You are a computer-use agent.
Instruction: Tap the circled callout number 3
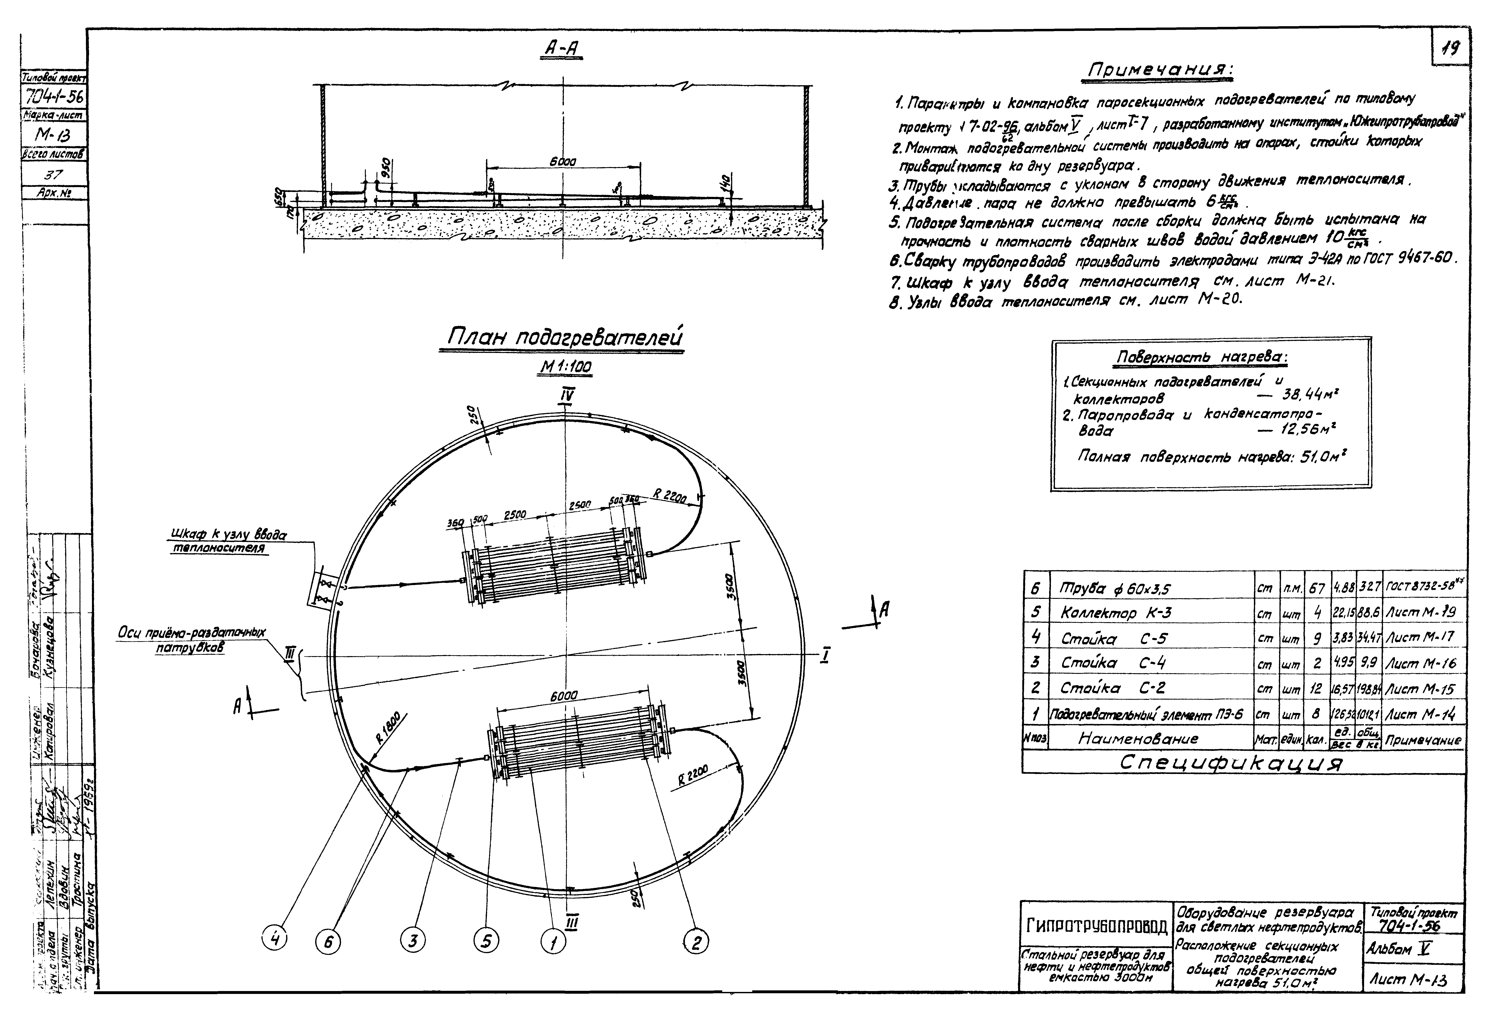(413, 941)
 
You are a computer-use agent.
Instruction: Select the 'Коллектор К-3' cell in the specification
(1116, 613)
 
